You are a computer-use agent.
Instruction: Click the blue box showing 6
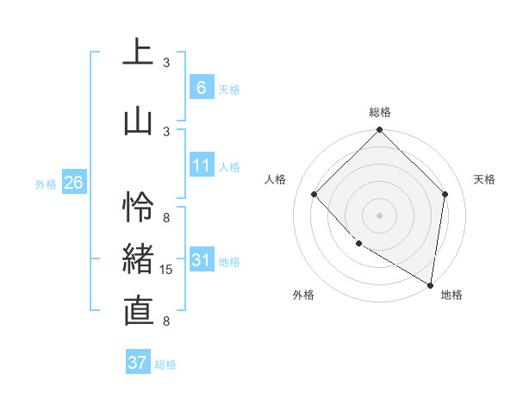coord(201,88)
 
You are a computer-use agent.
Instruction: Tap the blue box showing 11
coord(201,165)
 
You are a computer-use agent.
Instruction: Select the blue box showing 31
coord(201,260)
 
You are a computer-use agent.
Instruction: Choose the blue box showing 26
coord(73,183)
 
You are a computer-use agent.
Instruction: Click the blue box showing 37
coord(137,363)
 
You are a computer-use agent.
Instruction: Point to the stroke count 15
coord(167,270)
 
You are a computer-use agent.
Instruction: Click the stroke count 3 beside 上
coord(167,63)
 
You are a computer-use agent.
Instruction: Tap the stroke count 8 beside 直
coord(167,321)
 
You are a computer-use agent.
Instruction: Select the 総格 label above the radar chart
coord(380,112)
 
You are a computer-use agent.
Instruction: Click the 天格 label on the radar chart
coord(484,179)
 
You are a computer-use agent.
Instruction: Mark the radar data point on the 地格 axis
coord(430,284)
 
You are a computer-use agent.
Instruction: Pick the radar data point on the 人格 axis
coord(315,194)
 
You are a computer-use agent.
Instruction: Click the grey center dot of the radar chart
coord(380,215)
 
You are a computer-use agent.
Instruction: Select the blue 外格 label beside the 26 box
coord(46,184)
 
